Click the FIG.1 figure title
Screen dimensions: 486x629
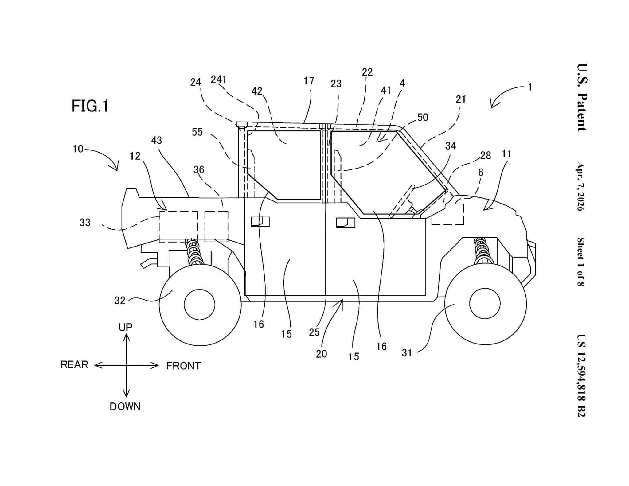point(90,106)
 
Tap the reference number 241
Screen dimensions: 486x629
point(219,80)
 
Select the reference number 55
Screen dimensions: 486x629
point(197,132)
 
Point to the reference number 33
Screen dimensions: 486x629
point(85,223)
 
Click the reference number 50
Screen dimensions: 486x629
point(423,117)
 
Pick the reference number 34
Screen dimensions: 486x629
point(451,146)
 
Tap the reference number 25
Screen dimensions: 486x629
point(314,332)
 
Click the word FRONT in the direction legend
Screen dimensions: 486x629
point(183,366)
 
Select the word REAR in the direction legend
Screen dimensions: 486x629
point(74,365)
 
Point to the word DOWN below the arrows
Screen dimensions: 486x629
point(125,407)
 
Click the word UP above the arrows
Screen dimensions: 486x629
point(125,327)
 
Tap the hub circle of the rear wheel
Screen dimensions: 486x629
point(199,305)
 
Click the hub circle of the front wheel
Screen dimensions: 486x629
point(485,304)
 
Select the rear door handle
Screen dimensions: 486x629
point(260,222)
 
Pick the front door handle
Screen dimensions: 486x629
point(346,223)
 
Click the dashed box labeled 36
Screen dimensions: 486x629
point(216,226)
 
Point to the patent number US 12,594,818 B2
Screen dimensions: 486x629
point(581,375)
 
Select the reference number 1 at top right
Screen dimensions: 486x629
point(530,87)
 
